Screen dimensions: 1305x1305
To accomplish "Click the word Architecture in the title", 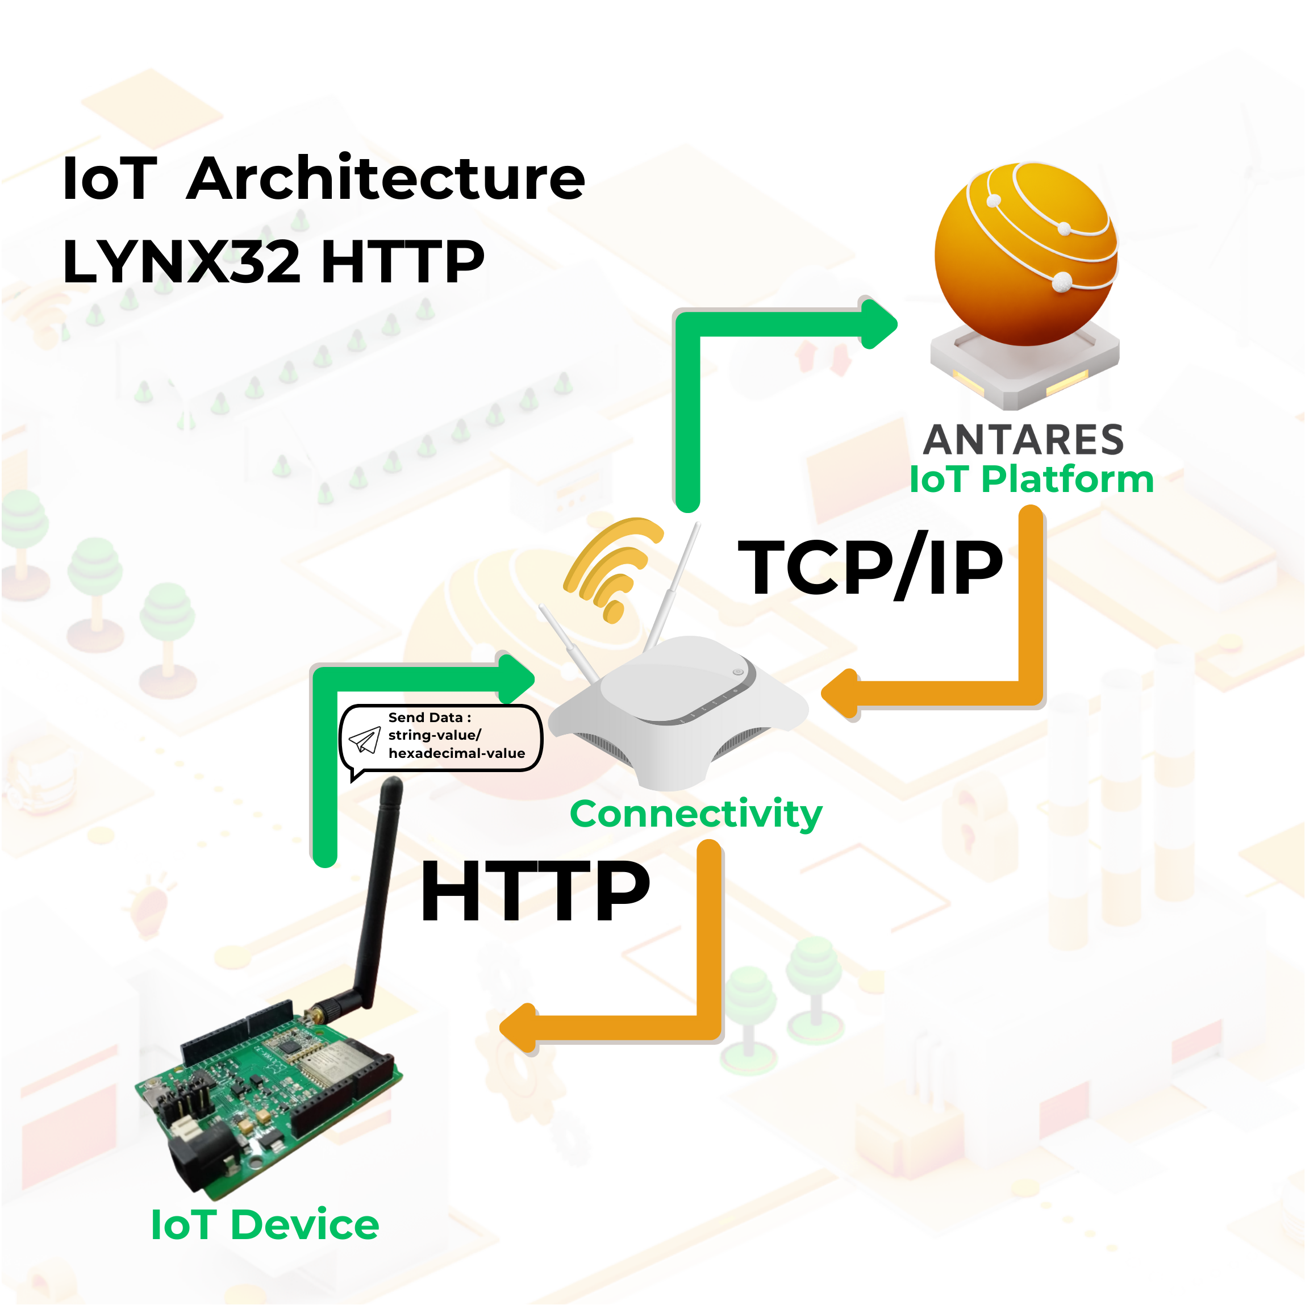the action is coord(386,178).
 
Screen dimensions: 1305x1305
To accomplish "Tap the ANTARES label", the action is coord(1023,440).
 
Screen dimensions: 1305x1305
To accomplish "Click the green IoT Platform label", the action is coord(1031,479).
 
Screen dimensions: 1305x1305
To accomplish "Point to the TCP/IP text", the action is coord(870,568).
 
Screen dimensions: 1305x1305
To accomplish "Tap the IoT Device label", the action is coord(265,1225).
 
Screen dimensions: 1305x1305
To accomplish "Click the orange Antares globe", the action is coord(1025,254).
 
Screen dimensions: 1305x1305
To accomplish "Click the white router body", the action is coord(678,712).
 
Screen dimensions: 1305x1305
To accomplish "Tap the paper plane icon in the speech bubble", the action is coord(365,740).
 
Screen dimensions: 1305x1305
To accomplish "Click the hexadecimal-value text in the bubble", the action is coord(457,753).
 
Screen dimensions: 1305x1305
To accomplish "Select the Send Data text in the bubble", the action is coord(430,718).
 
